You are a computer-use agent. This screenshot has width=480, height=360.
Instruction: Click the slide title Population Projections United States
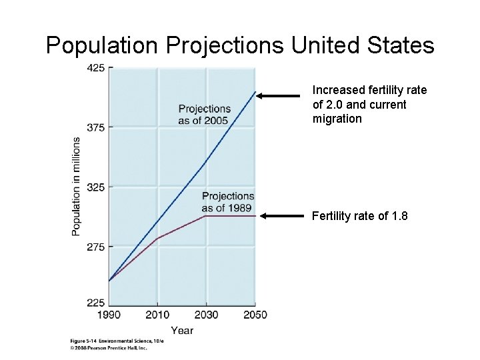tap(240, 45)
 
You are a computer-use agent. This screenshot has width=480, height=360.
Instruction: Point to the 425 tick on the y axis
tap(95, 67)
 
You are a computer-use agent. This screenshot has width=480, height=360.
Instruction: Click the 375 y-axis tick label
tap(95, 127)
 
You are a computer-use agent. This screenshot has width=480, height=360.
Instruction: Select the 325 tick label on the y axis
tap(95, 187)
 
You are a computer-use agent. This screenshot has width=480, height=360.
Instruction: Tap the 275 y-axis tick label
tap(95, 247)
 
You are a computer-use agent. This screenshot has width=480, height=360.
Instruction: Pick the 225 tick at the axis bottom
tap(95, 303)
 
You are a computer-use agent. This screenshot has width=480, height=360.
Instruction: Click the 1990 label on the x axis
tap(109, 315)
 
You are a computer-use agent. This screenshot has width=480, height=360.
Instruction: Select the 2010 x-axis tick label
tap(157, 315)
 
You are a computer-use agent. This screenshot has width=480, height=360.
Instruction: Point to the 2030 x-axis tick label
tap(206, 315)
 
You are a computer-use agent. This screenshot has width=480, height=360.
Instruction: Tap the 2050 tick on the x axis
tap(254, 315)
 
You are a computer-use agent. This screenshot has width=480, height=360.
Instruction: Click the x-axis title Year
tap(181, 330)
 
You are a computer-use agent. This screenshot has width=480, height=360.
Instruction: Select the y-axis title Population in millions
tap(77, 186)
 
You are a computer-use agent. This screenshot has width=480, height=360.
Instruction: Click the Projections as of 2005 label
tap(204, 115)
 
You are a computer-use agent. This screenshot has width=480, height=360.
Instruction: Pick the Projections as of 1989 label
tap(227, 201)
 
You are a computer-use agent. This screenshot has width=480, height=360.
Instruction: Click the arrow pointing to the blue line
tap(279, 96)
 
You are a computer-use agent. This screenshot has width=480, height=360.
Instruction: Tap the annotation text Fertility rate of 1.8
tap(359, 216)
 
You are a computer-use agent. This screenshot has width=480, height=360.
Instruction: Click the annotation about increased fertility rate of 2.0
tap(369, 104)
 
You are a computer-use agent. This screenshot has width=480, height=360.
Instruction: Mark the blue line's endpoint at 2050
tap(255, 91)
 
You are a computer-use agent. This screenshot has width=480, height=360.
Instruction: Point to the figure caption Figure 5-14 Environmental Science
tap(116, 341)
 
